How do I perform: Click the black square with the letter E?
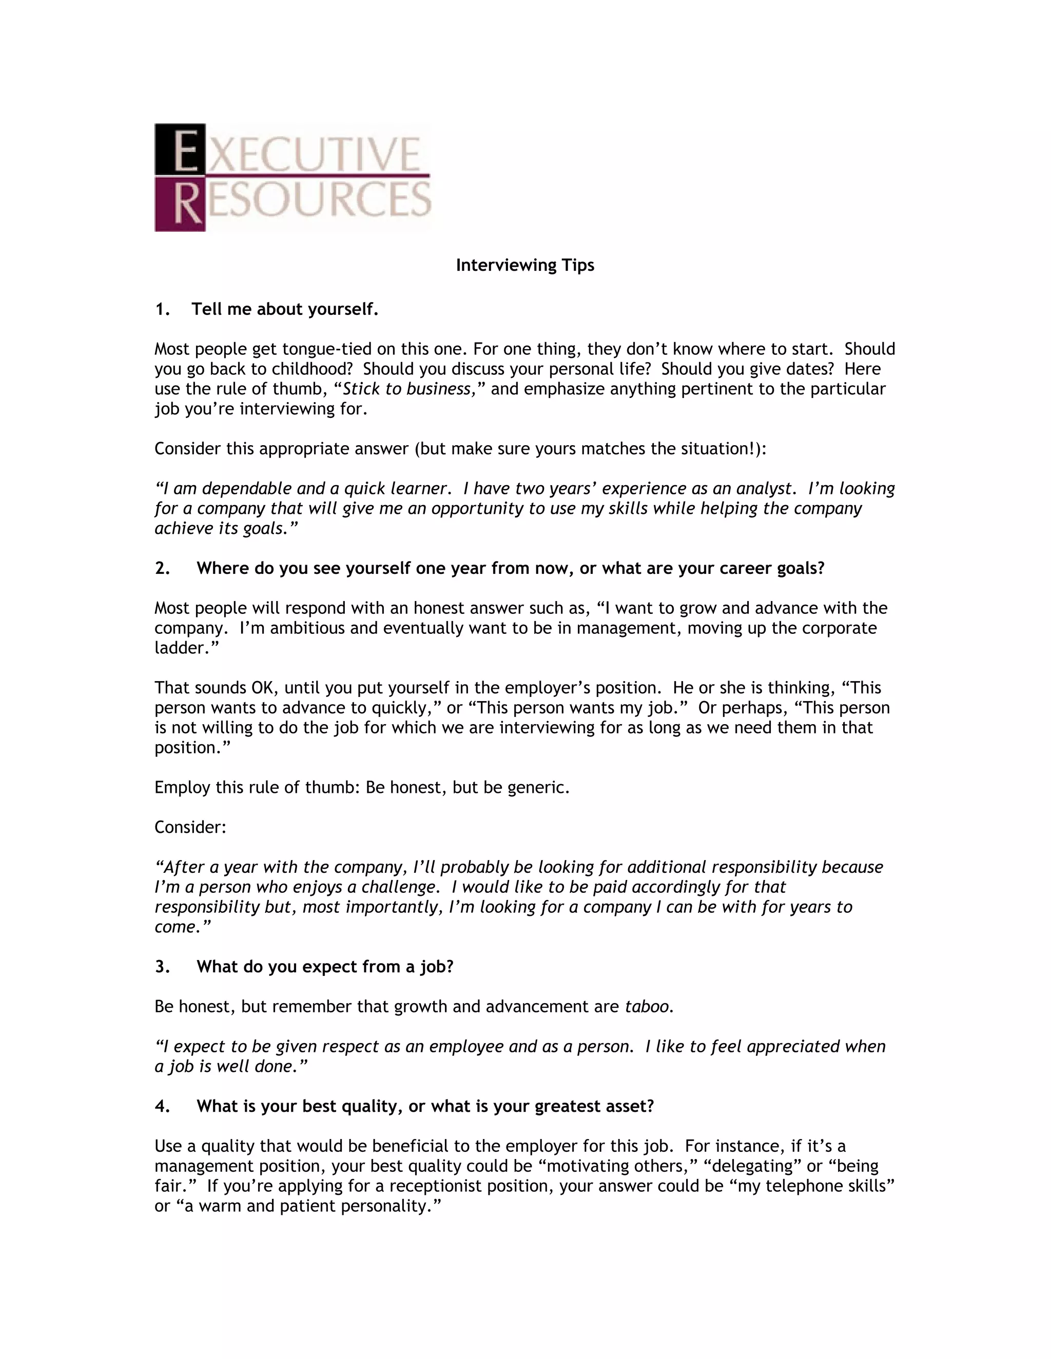pos(180,149)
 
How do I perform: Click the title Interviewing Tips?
pos(525,265)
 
